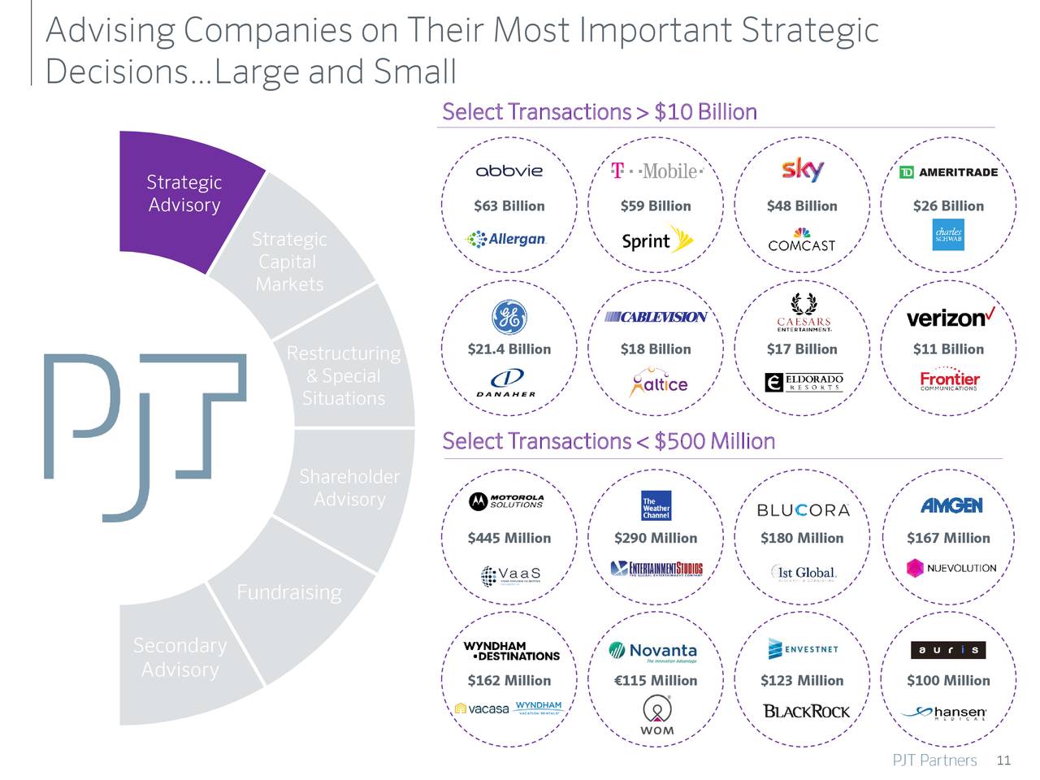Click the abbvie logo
click(509, 171)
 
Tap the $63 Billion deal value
click(509, 206)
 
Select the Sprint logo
click(656, 240)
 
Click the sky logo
click(802, 169)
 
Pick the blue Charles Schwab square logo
click(948, 235)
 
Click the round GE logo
click(509, 317)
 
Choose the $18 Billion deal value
click(656, 349)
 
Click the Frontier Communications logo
click(949, 380)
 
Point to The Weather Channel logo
click(656, 505)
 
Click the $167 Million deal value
click(948, 538)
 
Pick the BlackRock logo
click(806, 712)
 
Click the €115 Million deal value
click(656, 681)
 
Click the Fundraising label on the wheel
click(288, 592)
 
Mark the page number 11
click(1003, 760)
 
